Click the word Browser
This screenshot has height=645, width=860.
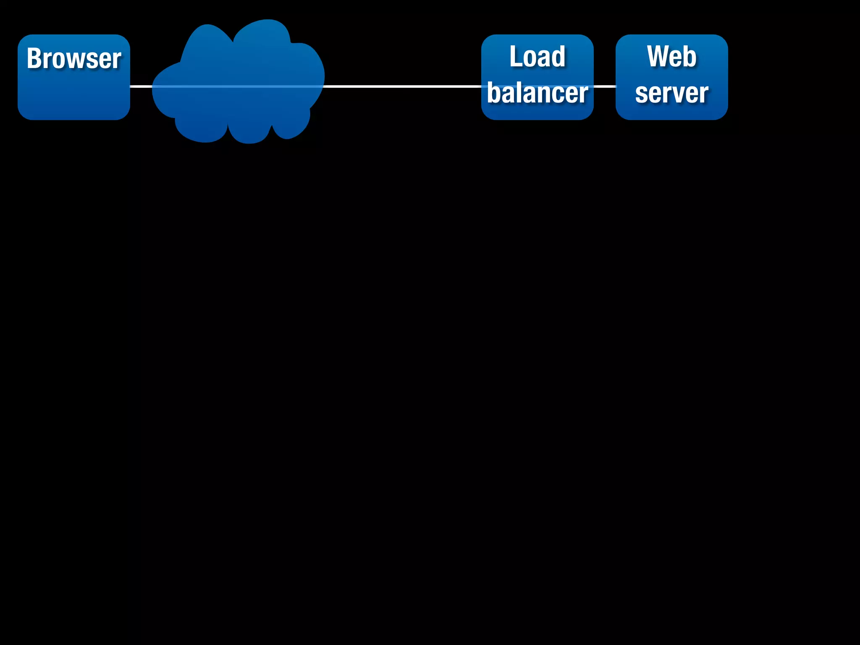click(74, 58)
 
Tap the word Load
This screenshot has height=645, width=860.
click(537, 57)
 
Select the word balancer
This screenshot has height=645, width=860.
click(537, 93)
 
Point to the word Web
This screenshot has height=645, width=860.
click(671, 57)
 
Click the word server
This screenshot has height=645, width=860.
click(671, 93)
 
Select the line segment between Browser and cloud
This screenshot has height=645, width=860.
click(141, 87)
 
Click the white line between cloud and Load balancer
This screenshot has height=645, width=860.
click(403, 87)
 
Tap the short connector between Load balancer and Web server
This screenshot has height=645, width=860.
click(605, 87)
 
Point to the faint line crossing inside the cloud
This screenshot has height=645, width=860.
click(237, 87)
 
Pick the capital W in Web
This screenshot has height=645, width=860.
click(658, 57)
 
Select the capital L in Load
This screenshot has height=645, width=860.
click(515, 57)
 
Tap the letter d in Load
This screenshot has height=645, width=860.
click(558, 57)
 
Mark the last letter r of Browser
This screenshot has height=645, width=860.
click(118, 60)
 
